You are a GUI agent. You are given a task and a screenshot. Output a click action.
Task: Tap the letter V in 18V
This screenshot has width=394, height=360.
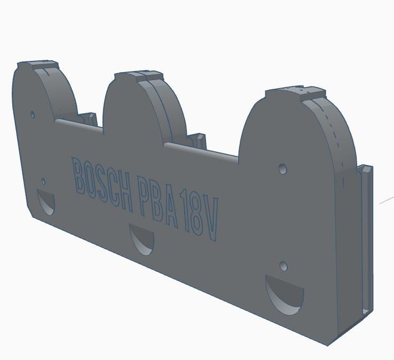click(x=211, y=223)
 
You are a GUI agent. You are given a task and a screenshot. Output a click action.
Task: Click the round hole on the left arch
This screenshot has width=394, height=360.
click(x=33, y=114)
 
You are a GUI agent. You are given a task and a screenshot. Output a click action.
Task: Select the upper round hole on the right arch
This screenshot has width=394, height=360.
click(x=282, y=169)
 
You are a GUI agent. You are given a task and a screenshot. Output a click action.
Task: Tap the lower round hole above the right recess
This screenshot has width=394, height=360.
click(x=283, y=266)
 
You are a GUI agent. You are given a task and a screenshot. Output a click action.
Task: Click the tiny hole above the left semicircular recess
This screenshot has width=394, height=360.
click(x=44, y=182)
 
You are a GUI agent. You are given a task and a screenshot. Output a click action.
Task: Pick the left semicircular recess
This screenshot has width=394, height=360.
click(x=46, y=201)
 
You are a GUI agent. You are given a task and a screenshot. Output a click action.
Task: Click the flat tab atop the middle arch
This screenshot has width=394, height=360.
click(x=138, y=75)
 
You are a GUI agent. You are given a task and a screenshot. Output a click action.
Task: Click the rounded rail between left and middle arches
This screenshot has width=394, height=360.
click(x=79, y=126)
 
